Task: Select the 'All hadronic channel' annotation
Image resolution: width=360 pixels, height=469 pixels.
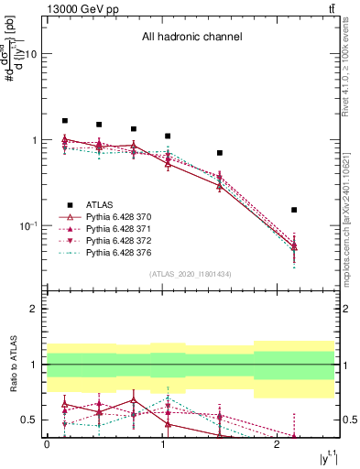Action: [x=191, y=38]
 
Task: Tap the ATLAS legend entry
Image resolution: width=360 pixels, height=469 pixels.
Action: [x=100, y=205]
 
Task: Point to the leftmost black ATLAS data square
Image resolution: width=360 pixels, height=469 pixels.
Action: [x=65, y=121]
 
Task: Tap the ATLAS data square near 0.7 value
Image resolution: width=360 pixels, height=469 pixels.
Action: [x=220, y=153]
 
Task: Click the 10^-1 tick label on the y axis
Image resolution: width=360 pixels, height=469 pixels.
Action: [x=28, y=226]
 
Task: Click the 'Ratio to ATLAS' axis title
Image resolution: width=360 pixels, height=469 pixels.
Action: [x=10, y=365]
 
